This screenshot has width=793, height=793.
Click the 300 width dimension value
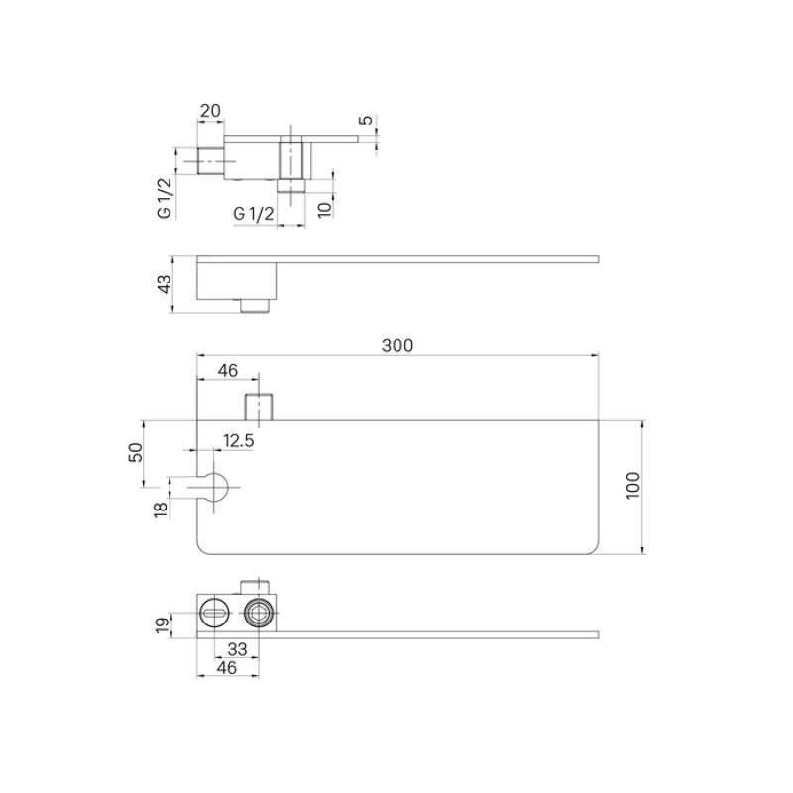pos(396,345)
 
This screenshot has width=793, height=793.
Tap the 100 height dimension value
pos(634,485)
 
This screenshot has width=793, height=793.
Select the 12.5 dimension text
pos(238,439)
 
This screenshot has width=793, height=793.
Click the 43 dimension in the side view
pos(166,283)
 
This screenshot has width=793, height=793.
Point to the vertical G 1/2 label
pos(164,196)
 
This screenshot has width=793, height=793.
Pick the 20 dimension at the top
pos(210,111)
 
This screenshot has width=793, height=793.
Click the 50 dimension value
pos(136,452)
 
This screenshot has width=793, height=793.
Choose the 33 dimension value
pos(238,649)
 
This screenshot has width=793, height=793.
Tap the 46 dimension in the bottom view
pos(227,669)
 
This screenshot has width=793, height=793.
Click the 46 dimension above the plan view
pos(227,370)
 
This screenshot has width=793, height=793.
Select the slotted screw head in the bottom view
pos(214,613)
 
